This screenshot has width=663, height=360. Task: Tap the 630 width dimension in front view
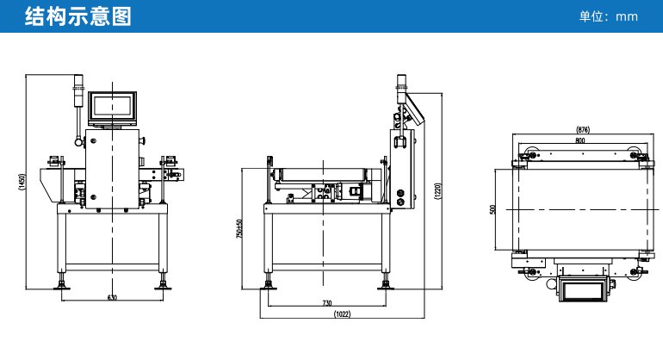pos(112,297)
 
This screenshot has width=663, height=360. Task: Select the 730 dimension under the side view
pos(327,303)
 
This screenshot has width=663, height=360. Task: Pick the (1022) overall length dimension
pos(343,314)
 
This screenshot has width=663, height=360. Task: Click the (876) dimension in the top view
pos(583,129)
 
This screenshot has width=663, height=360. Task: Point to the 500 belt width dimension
pos(493,210)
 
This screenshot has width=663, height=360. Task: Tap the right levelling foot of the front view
pos(163,282)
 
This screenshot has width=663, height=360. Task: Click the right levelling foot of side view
pos(385,282)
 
